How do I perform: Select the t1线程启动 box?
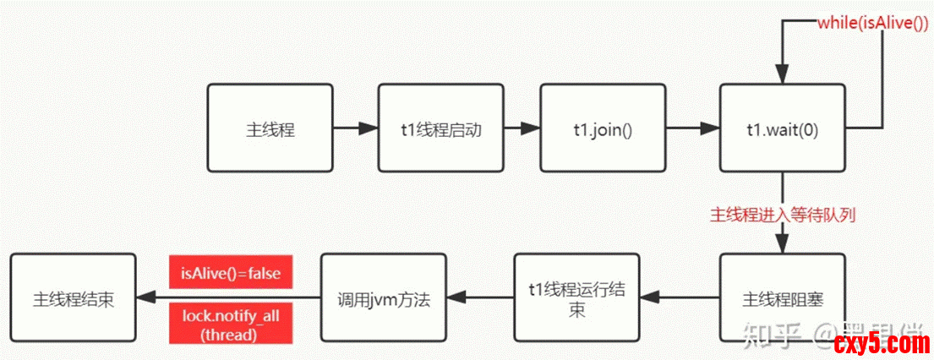pyautogui.click(x=440, y=129)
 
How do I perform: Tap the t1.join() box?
pyautogui.click(x=603, y=129)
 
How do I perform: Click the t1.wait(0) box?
pyautogui.click(x=782, y=129)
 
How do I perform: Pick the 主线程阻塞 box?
pyautogui.click(x=782, y=298)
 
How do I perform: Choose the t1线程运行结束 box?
pyautogui.click(x=577, y=298)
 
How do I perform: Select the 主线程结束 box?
pyautogui.click(x=74, y=298)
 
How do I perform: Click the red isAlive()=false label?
pyautogui.click(x=231, y=273)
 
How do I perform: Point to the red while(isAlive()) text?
pyautogui.click(x=872, y=23)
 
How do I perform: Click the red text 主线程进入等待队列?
pyautogui.click(x=782, y=215)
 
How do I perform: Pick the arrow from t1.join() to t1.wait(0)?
pyautogui.click(x=692, y=129)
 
